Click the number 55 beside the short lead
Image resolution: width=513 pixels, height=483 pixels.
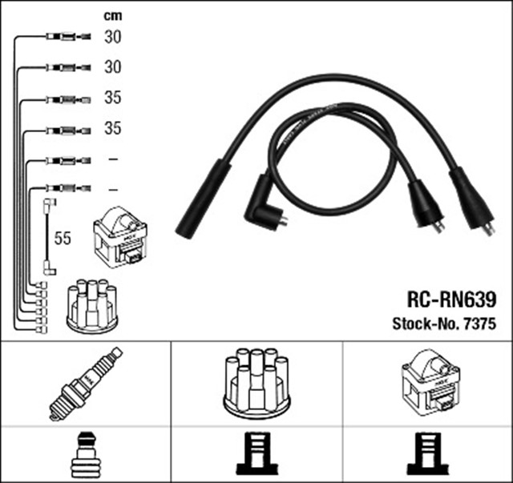pyautogui.click(x=63, y=238)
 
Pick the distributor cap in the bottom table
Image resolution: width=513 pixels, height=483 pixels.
pyautogui.click(x=256, y=382)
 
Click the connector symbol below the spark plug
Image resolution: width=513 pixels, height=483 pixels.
pyautogui.click(x=85, y=454)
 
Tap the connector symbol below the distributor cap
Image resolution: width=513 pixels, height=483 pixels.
pyautogui.click(x=256, y=454)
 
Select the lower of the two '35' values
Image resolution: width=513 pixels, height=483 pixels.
pyautogui.click(x=112, y=128)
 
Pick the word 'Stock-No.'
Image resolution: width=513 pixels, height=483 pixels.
pyautogui.click(x=423, y=324)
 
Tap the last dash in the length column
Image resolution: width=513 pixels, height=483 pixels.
pyautogui.click(x=112, y=189)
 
